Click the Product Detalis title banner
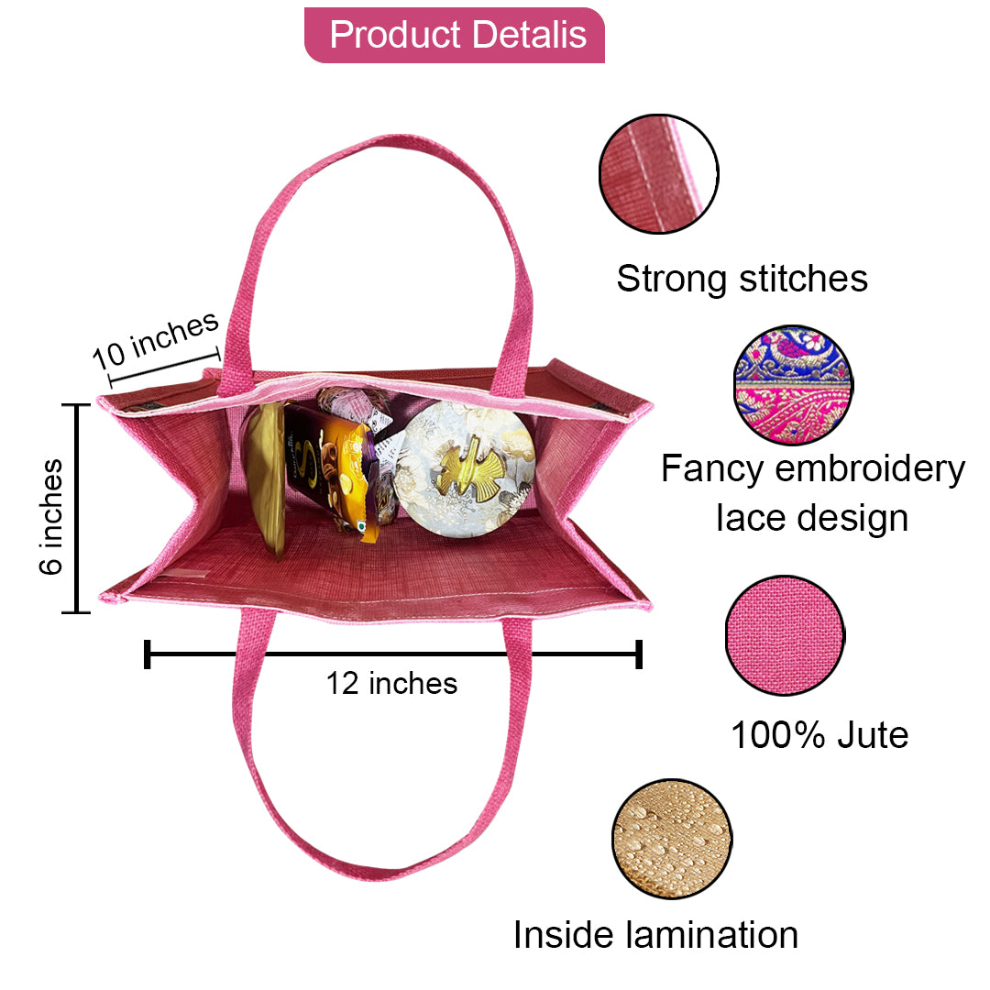[455, 36]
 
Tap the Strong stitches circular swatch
[658, 173]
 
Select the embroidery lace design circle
[793, 385]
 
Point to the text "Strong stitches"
[742, 278]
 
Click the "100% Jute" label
[819, 734]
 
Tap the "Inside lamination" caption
[655, 934]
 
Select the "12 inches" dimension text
[391, 683]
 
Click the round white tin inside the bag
[467, 467]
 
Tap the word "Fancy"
[711, 469]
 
